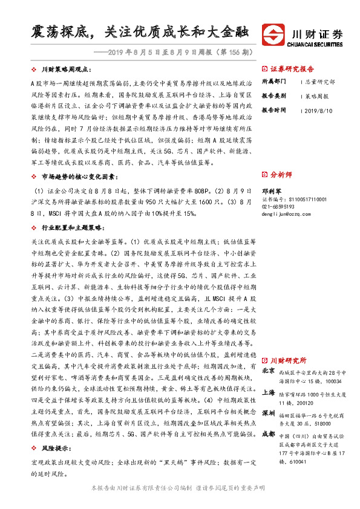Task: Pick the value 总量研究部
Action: pyautogui.click(x=319, y=81)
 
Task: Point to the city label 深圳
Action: pyautogui.click(x=269, y=395)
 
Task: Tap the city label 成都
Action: pyautogui.click(x=269, y=417)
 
